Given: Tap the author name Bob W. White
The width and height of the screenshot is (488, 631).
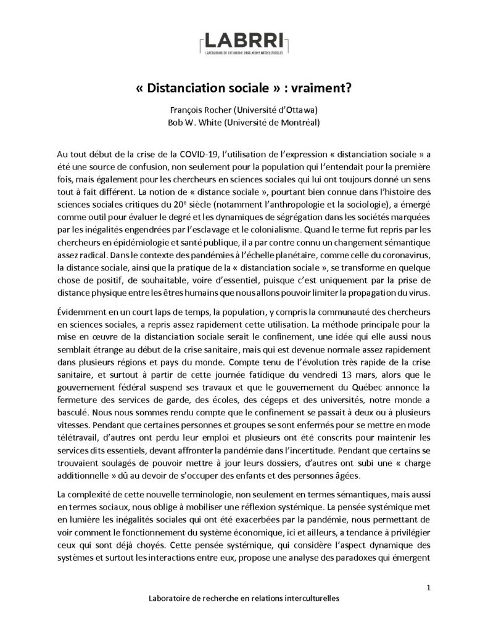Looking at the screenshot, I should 195,122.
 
